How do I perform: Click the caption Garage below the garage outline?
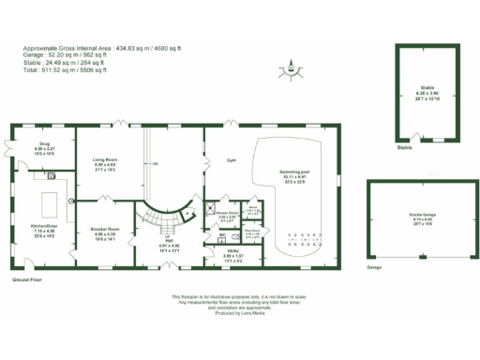click(374, 267)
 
